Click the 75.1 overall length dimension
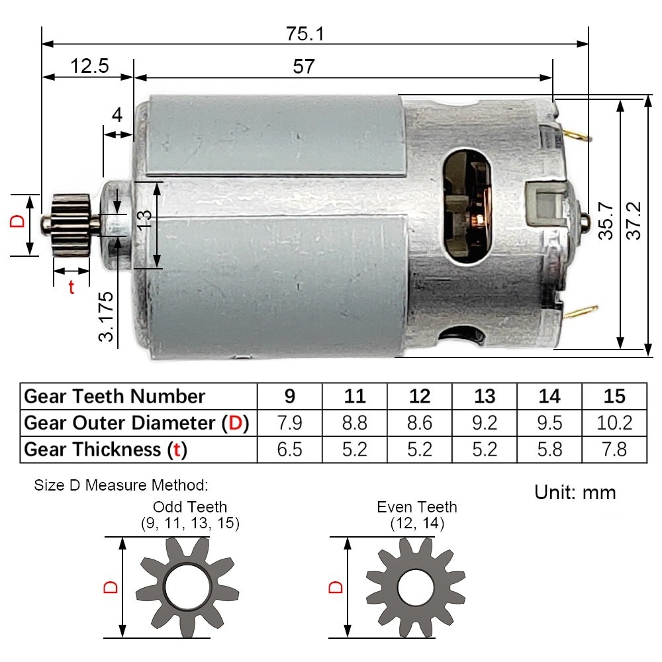(305, 34)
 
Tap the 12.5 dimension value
(89, 66)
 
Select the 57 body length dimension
(304, 66)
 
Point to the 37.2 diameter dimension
(634, 221)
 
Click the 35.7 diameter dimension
(606, 221)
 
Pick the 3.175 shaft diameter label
(107, 316)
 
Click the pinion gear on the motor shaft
(71, 225)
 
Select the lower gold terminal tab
(581, 312)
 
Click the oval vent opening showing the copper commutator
(467, 206)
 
